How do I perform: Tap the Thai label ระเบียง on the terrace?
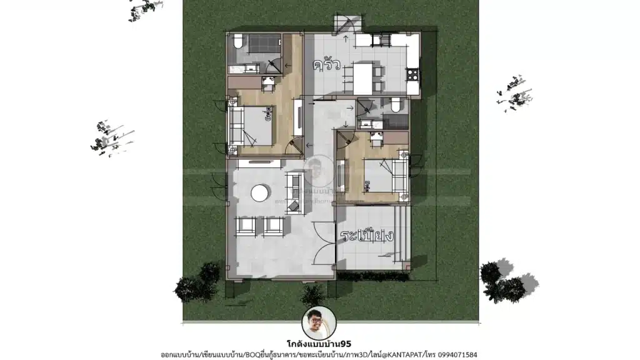click(x=367, y=236)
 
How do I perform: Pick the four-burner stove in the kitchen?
click(x=412, y=75)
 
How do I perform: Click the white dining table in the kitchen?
click(x=363, y=77)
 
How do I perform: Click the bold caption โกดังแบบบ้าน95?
click(x=320, y=343)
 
